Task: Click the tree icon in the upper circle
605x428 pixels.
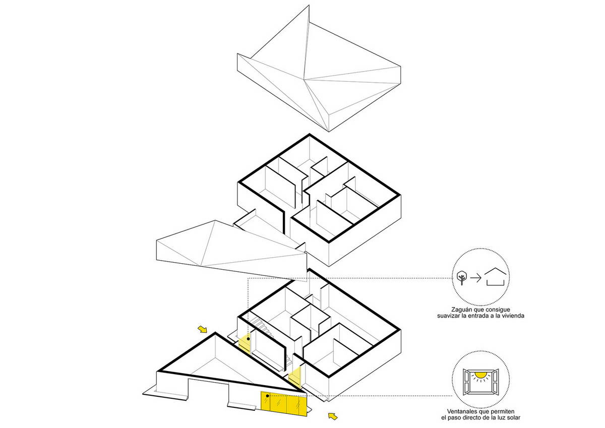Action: point(462,278)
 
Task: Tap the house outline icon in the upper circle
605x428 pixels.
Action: point(495,277)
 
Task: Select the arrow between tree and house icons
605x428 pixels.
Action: point(476,278)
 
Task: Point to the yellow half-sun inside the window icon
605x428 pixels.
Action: point(480,375)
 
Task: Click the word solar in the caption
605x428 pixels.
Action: point(513,418)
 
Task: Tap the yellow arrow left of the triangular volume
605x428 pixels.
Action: point(202,329)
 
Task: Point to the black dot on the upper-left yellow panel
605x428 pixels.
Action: point(248,339)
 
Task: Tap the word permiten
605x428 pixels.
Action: point(504,412)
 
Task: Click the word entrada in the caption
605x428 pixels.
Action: point(479,316)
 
